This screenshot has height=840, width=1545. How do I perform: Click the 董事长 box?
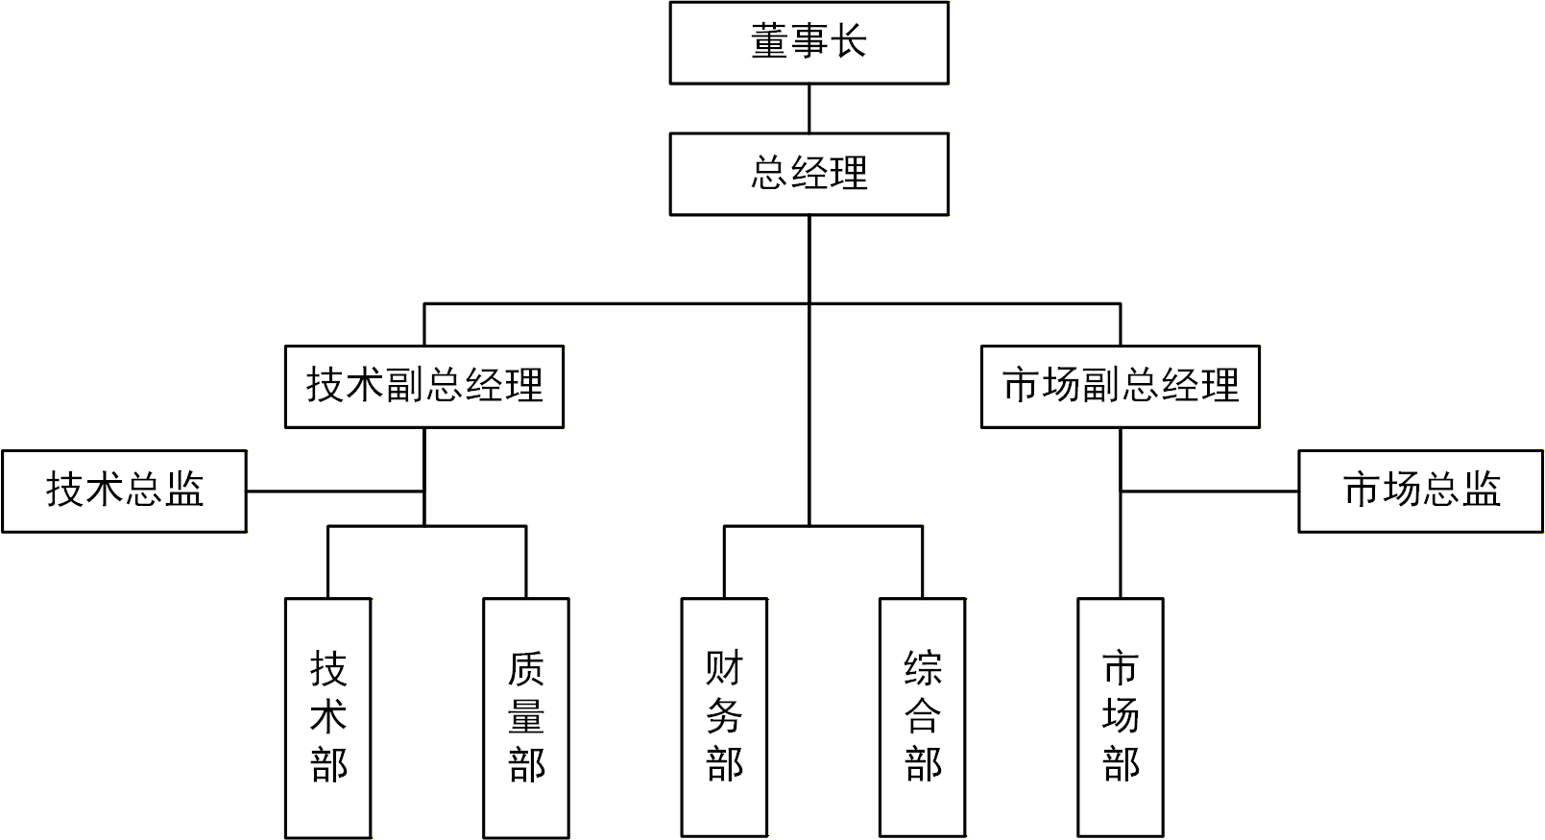809,43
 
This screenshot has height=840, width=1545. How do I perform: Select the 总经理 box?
809,174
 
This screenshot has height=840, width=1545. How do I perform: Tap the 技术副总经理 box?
423,386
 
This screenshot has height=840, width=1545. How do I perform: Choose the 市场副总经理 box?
1120,386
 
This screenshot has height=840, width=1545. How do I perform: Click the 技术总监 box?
124,491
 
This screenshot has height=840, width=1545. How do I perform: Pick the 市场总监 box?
1420,491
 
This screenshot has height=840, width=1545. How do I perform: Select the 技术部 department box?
327,717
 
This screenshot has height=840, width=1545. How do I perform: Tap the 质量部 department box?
525,717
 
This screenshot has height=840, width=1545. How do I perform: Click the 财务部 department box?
724,717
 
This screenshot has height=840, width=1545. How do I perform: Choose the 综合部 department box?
922,717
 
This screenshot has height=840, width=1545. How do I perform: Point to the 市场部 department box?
1120,717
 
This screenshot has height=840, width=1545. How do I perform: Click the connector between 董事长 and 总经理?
809,108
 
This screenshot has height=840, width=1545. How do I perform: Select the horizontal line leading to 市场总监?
1209,492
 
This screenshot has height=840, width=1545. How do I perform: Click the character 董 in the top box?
769,42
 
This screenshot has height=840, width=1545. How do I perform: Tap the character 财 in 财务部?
724,668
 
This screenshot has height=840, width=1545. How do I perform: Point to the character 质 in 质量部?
525,668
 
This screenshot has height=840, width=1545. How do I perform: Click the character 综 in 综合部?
922,668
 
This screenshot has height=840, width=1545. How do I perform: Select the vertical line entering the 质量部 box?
525,563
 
